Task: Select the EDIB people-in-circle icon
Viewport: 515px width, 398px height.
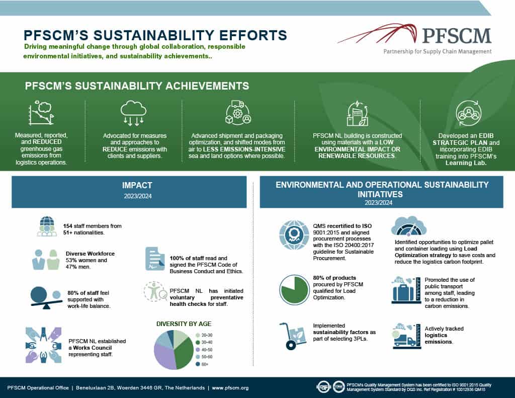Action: pos(468,114)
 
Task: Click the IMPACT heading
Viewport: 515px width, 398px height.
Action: pos(129,185)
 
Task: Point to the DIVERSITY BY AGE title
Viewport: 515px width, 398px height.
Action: pos(184,324)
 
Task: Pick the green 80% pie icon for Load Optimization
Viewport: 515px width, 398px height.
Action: pos(294,288)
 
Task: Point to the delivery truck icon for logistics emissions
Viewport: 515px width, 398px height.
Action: pos(404,336)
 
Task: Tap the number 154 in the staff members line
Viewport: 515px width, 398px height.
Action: pos(68,226)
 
